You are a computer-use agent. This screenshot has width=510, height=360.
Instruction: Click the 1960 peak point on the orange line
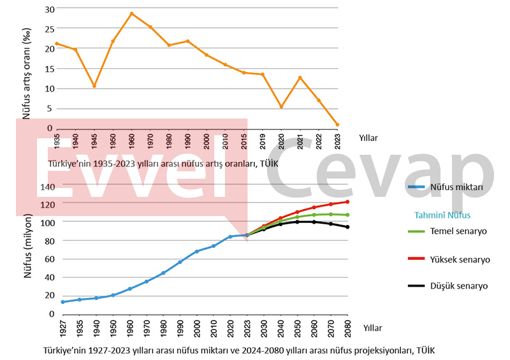[x=131, y=13]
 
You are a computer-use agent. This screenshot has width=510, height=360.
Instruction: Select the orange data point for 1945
[x=94, y=86]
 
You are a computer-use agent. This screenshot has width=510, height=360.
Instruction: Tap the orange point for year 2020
[x=281, y=106]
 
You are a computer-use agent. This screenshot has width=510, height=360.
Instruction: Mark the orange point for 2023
[x=337, y=124]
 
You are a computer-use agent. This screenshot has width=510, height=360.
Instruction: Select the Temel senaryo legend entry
[x=458, y=231]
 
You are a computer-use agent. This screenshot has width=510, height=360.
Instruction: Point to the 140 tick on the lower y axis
[x=47, y=187]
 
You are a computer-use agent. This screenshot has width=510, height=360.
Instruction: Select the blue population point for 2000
[x=196, y=252]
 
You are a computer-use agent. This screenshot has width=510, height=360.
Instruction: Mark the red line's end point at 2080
[x=347, y=202]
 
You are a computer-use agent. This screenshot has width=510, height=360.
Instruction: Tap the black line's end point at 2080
[x=347, y=227]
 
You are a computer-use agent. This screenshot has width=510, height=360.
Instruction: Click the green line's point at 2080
[x=347, y=215]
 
